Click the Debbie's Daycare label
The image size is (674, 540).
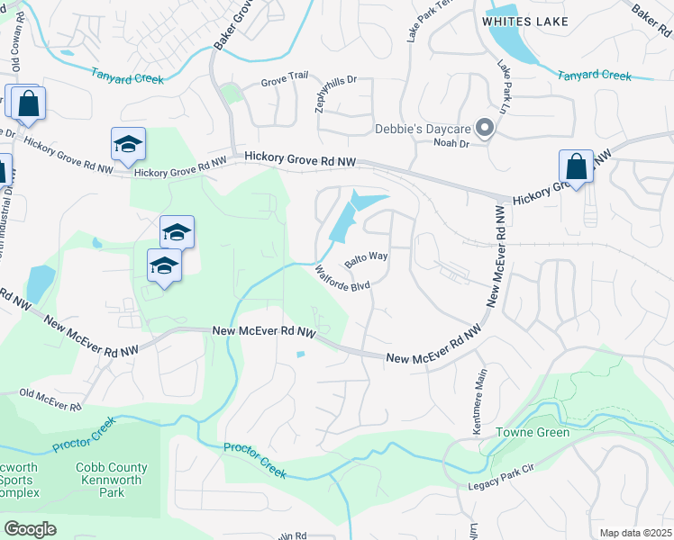click(x=424, y=129)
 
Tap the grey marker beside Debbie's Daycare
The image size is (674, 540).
click(x=486, y=129)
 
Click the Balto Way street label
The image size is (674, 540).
click(x=366, y=257)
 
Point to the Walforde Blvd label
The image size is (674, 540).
click(x=342, y=277)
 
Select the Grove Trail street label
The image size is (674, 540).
click(x=285, y=81)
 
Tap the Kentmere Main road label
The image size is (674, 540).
click(x=481, y=400)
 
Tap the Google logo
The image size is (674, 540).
click(x=31, y=528)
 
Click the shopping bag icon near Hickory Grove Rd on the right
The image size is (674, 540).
click(x=576, y=166)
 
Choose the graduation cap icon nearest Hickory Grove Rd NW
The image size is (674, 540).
click(x=128, y=144)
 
